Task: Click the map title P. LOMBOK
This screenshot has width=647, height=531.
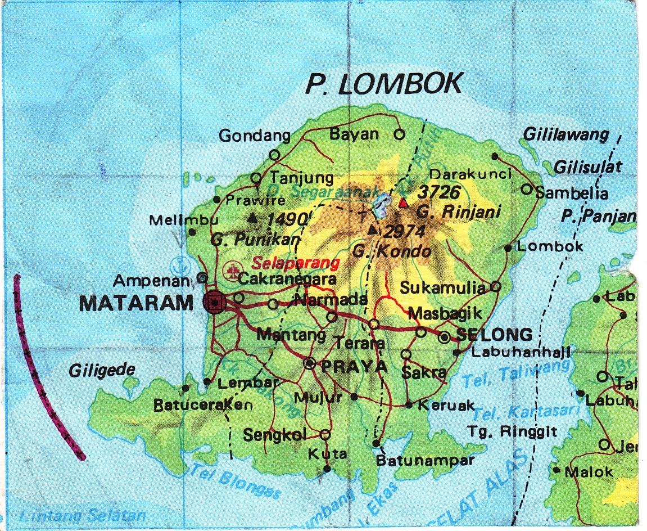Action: click(384, 84)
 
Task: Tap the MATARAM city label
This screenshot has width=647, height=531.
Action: click(137, 304)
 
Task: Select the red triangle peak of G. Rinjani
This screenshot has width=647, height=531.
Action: click(403, 202)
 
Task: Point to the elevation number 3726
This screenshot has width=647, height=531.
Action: click(439, 192)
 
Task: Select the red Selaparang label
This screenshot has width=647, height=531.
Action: click(296, 263)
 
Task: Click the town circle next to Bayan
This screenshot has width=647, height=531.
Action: click(399, 134)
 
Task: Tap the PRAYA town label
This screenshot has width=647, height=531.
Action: click(354, 366)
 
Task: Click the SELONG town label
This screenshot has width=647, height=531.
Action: click(494, 335)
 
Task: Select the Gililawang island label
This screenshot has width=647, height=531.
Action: click(566, 135)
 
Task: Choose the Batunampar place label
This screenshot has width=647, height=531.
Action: click(425, 460)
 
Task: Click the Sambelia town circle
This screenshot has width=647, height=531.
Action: click(526, 189)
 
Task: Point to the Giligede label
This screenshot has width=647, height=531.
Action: click(102, 370)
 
